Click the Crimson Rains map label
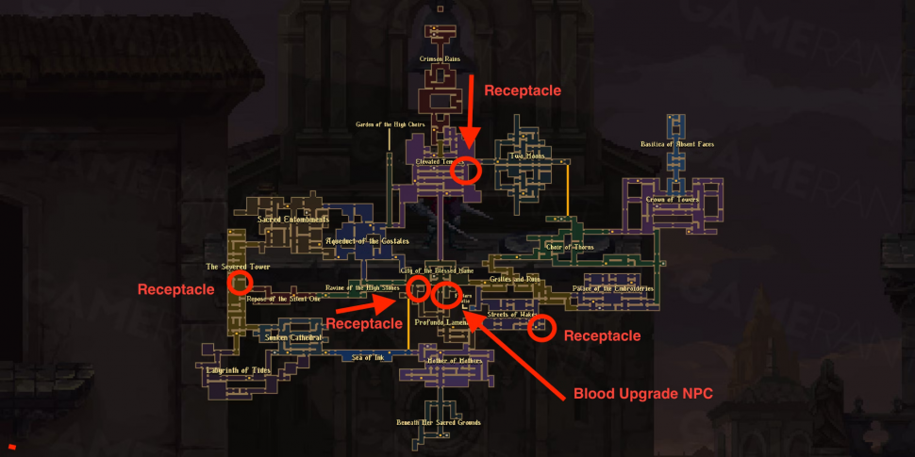point(440,58)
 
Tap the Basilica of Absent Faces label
point(677,144)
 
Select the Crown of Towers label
point(673,200)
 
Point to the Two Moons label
point(528,155)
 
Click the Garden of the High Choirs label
point(391,124)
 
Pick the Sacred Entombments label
point(293,220)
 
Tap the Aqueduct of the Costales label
point(367,241)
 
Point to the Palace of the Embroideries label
point(613,288)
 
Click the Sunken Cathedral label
point(293,337)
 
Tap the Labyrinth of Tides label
point(239,370)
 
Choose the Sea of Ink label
point(368,357)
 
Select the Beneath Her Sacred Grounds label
point(440,422)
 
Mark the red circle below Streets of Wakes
point(541,329)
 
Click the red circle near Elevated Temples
point(466,171)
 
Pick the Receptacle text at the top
point(523,90)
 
